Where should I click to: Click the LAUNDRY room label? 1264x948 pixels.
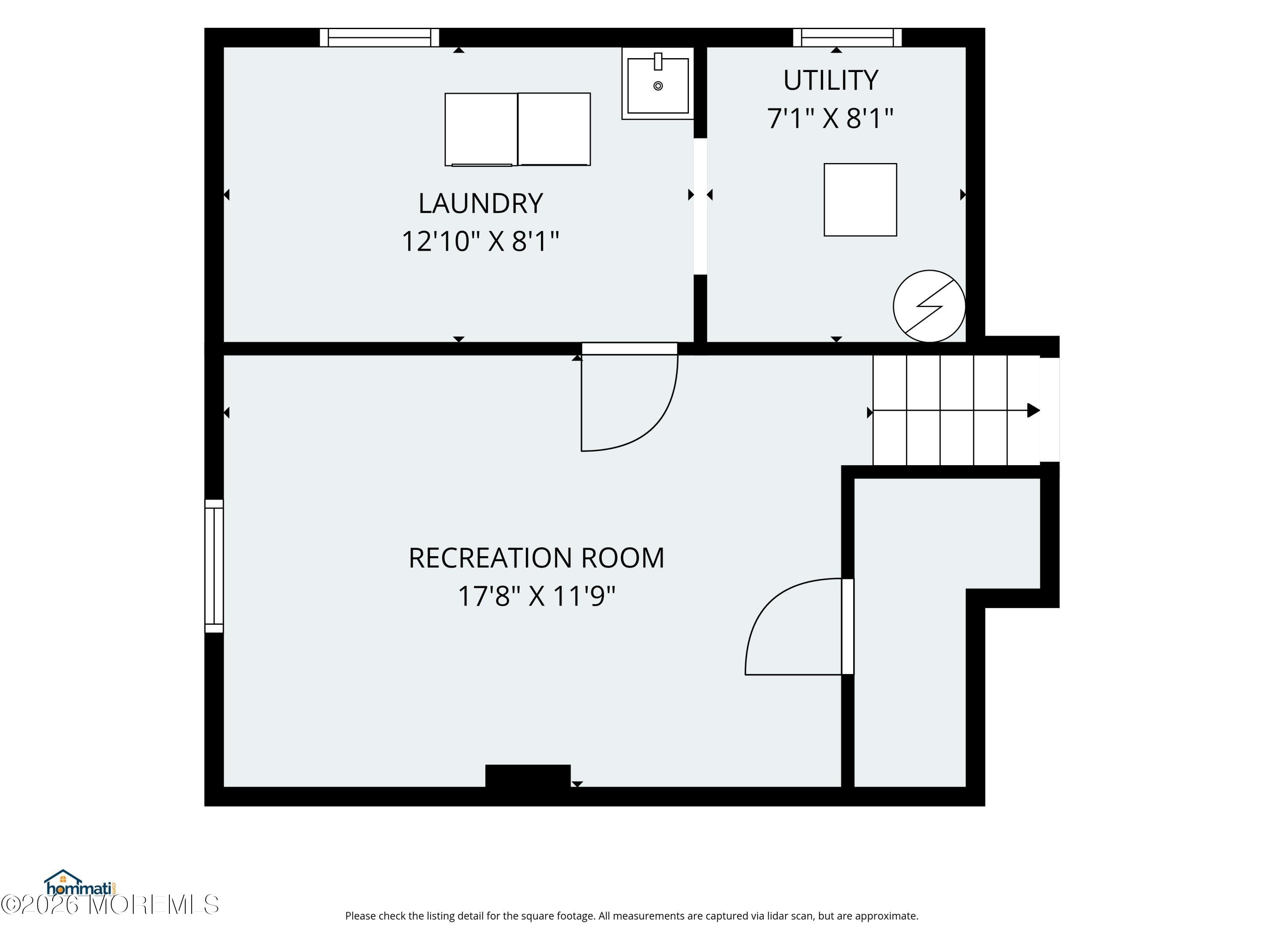[481, 204]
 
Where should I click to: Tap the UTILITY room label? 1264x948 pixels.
[830, 80]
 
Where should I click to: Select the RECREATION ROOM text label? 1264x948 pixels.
[537, 558]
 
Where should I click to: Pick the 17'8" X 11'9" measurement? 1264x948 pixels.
[537, 596]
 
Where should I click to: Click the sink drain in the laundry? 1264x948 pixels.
[658, 86]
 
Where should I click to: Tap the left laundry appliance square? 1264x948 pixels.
[481, 130]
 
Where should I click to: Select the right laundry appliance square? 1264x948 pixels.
[554, 129]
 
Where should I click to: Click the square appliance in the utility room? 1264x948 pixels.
[860, 199]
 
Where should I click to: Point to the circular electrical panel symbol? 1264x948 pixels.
[929, 306]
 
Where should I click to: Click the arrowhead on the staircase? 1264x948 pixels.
[1033, 410]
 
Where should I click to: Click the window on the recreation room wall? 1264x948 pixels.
[214, 566]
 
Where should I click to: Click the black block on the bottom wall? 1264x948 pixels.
[528, 776]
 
